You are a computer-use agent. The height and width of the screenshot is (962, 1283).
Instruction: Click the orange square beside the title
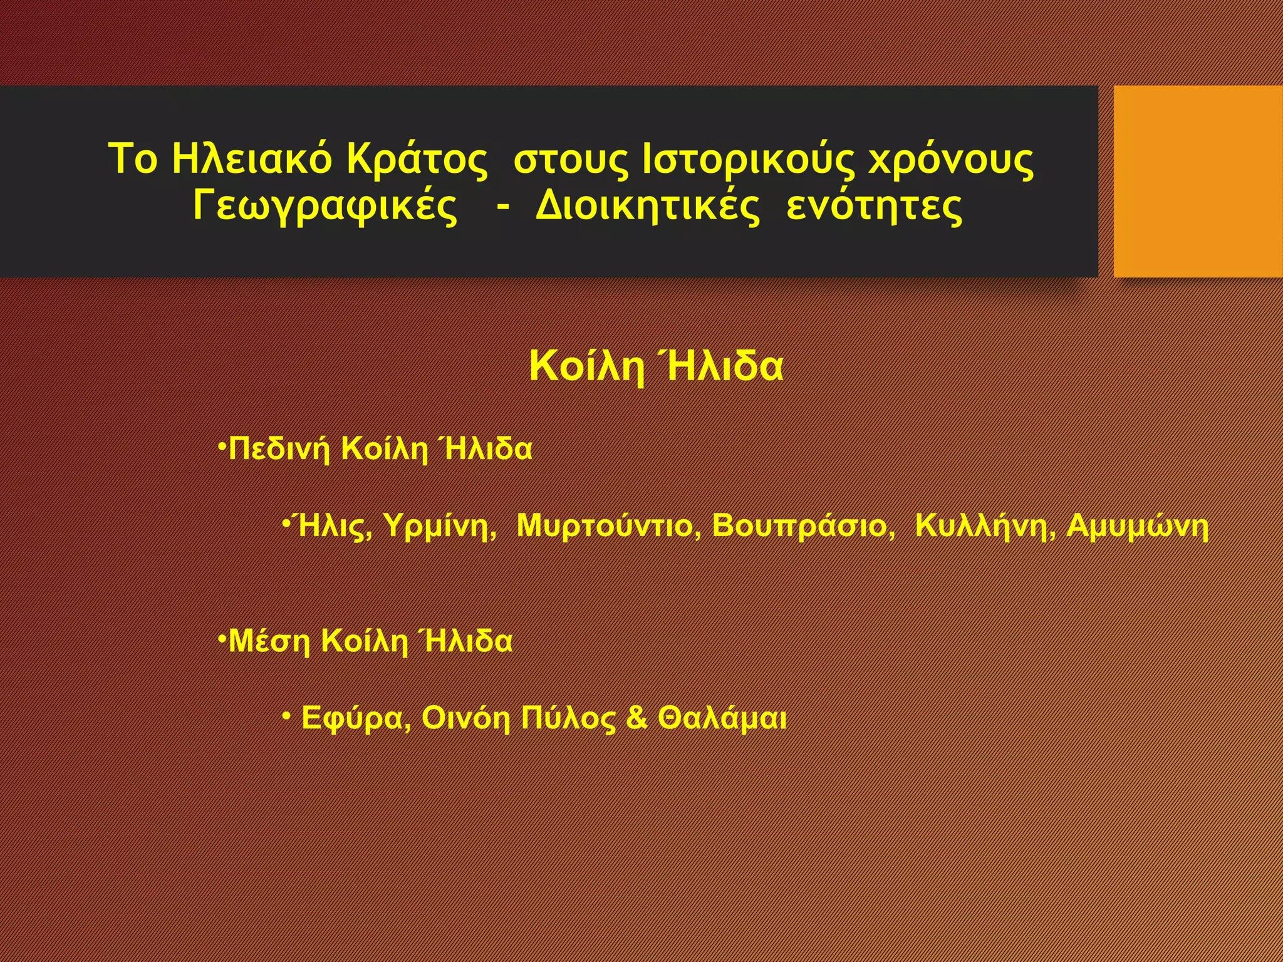1198,181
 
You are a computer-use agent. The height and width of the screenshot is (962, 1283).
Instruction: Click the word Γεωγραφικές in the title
325,207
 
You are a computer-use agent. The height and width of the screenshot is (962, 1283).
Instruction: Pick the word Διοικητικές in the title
647,207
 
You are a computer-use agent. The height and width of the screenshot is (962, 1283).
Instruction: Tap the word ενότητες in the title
874,207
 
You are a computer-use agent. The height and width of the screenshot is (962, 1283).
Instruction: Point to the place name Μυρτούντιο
608,526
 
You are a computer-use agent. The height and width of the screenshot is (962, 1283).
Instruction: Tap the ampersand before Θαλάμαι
636,718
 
